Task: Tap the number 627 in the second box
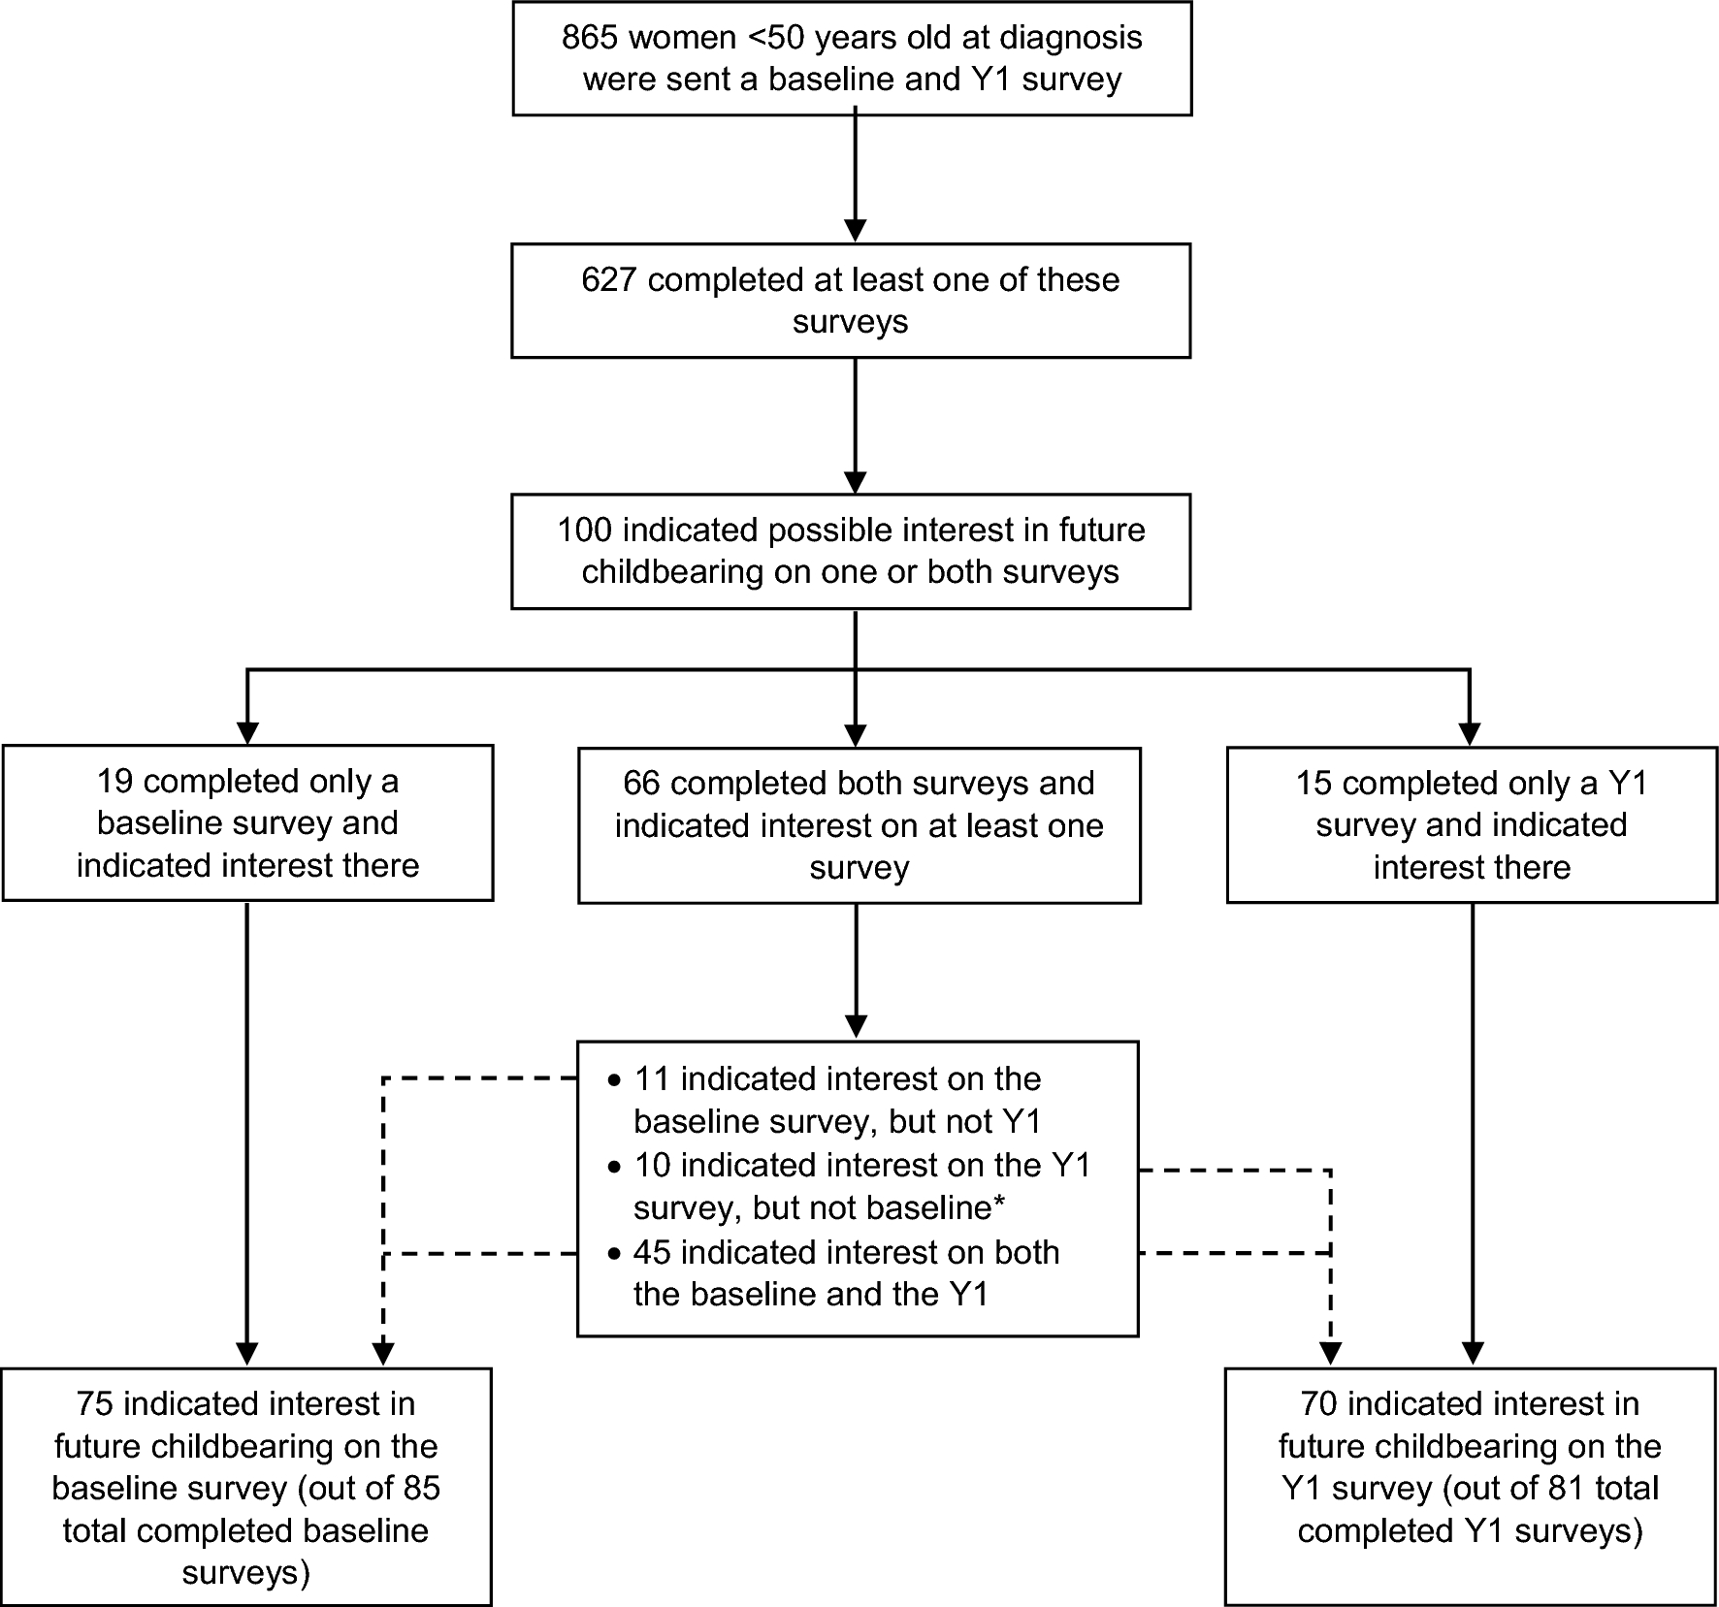[608, 280]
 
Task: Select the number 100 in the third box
[584, 530]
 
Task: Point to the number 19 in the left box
[115, 782]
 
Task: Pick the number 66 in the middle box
[642, 784]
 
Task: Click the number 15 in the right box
[1314, 784]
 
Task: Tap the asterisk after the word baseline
[998, 1204]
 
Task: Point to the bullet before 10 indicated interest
[613, 1167]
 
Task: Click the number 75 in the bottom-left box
[95, 1404]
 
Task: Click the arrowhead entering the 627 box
[855, 231]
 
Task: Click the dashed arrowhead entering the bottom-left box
[384, 1353]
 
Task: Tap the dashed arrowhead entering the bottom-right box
[1330, 1353]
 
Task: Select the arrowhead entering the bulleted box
[856, 1026]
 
